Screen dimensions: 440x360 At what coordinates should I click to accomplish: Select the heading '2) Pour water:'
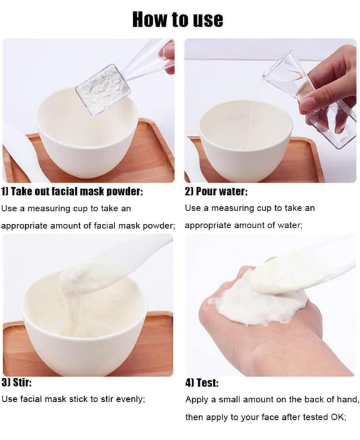tap(216, 191)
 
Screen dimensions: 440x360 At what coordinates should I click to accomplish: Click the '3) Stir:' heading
tap(17, 382)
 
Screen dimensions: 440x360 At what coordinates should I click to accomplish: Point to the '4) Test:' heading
tap(202, 382)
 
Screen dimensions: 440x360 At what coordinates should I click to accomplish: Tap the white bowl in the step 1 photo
tap(88, 138)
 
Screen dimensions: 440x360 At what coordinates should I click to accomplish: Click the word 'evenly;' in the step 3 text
tap(130, 399)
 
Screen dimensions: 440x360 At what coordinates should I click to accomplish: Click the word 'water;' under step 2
tap(288, 225)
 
